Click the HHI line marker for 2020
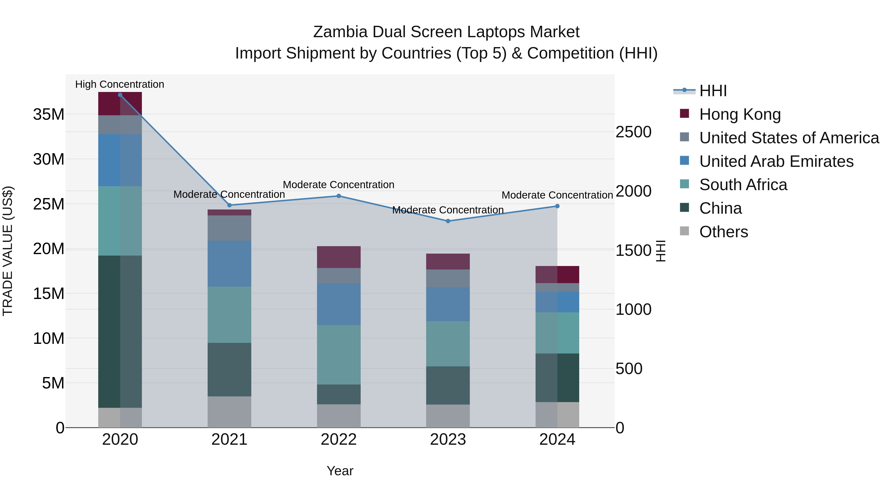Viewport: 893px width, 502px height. tap(120, 95)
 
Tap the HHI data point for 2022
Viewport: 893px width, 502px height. tap(339, 196)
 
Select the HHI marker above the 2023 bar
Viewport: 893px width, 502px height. tap(448, 221)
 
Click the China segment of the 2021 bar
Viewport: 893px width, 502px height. tap(229, 369)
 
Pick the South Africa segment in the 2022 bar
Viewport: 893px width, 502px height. tap(339, 354)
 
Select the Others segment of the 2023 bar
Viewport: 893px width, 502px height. tap(448, 416)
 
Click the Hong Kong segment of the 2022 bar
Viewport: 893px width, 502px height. tap(339, 257)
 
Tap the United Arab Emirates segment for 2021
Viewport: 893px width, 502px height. tap(229, 264)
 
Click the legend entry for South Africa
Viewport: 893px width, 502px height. tap(743, 185)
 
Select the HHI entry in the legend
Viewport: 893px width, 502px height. tap(713, 91)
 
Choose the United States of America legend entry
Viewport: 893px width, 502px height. tap(789, 138)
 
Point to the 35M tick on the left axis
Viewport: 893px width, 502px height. tap(49, 114)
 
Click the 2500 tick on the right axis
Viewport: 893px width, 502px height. tap(633, 132)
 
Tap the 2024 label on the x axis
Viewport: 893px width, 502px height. tap(557, 440)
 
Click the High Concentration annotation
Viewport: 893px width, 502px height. tap(120, 84)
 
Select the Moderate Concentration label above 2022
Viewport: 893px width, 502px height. tap(339, 185)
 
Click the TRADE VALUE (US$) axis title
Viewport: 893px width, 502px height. tap(8, 251)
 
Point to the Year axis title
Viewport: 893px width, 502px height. tap(340, 471)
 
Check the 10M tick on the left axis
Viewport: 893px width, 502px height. tap(49, 338)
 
